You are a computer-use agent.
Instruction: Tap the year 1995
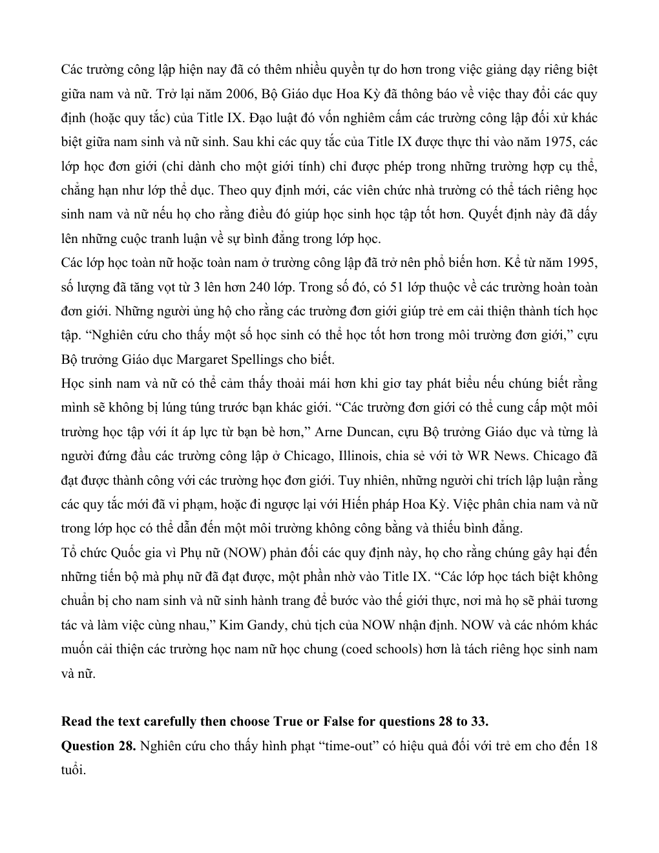tap(583, 263)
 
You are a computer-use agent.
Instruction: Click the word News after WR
tap(512, 456)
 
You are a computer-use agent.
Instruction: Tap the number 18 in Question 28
tap(590, 746)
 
